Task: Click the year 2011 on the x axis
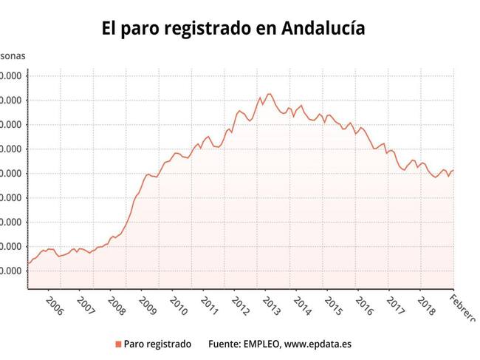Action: click(x=210, y=305)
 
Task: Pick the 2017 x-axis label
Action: click(x=396, y=305)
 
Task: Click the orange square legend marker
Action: click(x=117, y=344)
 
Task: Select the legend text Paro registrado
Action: click(x=157, y=344)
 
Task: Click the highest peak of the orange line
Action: click(x=269, y=94)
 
